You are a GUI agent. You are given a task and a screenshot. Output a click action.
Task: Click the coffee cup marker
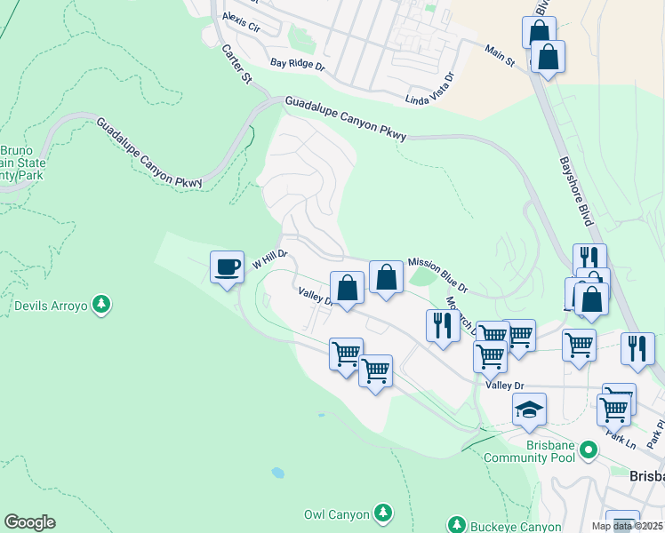pyautogui.click(x=227, y=266)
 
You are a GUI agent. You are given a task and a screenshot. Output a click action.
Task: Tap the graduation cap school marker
pyautogui.click(x=529, y=410)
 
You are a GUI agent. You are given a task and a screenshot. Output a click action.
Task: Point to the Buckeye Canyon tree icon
pyautogui.click(x=457, y=525)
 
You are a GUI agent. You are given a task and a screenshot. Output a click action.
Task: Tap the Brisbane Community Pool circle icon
pyautogui.click(x=588, y=451)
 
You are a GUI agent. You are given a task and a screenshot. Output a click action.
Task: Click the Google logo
pyautogui.click(x=29, y=522)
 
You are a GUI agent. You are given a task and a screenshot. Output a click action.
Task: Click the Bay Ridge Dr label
pyautogui.click(x=298, y=65)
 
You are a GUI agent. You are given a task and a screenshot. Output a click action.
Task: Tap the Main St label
pyautogui.click(x=500, y=56)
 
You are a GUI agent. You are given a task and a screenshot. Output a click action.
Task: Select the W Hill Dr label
pyautogui.click(x=270, y=259)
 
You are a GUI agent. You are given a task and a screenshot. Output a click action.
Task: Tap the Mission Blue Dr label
pyautogui.click(x=437, y=275)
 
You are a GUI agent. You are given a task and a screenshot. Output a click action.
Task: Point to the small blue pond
pyautogui.click(x=278, y=473)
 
